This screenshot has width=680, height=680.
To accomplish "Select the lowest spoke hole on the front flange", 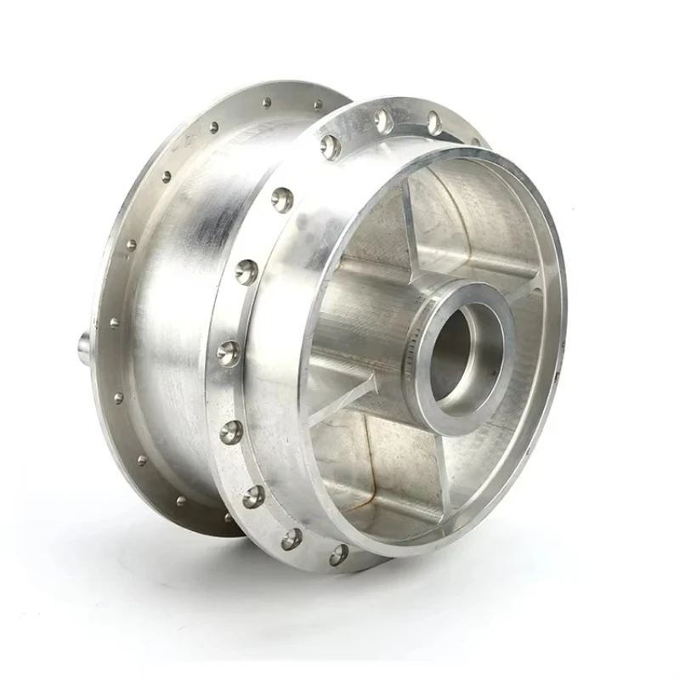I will [x=338, y=554].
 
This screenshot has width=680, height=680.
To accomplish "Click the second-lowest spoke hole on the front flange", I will [x=292, y=537].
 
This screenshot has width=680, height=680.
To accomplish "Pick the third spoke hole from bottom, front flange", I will [x=253, y=496].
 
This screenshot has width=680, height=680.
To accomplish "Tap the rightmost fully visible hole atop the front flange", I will [x=433, y=122].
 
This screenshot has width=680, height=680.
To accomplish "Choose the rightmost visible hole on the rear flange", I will [x=318, y=105].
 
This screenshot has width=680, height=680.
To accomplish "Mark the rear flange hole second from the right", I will [x=266, y=103].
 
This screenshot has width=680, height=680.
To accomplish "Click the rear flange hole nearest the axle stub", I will [x=115, y=323].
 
